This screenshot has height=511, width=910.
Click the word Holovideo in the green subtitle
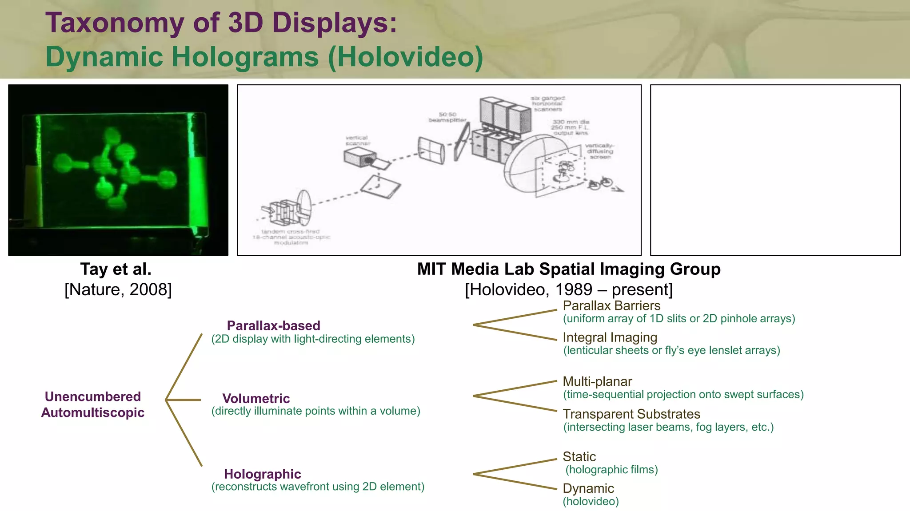click(x=405, y=57)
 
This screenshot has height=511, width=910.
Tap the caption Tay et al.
click(x=116, y=269)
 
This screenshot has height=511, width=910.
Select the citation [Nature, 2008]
click(x=118, y=289)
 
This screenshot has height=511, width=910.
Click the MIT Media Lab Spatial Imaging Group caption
click(x=569, y=269)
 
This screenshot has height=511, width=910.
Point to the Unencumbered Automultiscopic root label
click(x=93, y=404)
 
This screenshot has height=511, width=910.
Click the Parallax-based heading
click(x=273, y=325)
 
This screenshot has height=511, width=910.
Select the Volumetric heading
click(x=256, y=398)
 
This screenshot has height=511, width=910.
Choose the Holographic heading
click(x=263, y=474)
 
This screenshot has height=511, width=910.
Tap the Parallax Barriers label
click(x=611, y=305)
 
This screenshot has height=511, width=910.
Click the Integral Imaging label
click(x=610, y=337)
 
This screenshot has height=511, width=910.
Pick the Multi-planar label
click(x=597, y=381)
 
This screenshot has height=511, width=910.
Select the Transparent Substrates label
click(x=631, y=414)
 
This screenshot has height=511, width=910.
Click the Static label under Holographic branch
click(x=579, y=456)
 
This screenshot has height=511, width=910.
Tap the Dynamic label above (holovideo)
click(x=588, y=488)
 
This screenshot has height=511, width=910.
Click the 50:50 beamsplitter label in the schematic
click(x=447, y=117)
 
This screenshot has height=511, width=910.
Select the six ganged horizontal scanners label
click(x=547, y=103)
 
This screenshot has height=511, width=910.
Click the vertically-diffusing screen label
click(x=599, y=151)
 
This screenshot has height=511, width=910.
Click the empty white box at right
click(x=775, y=170)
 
